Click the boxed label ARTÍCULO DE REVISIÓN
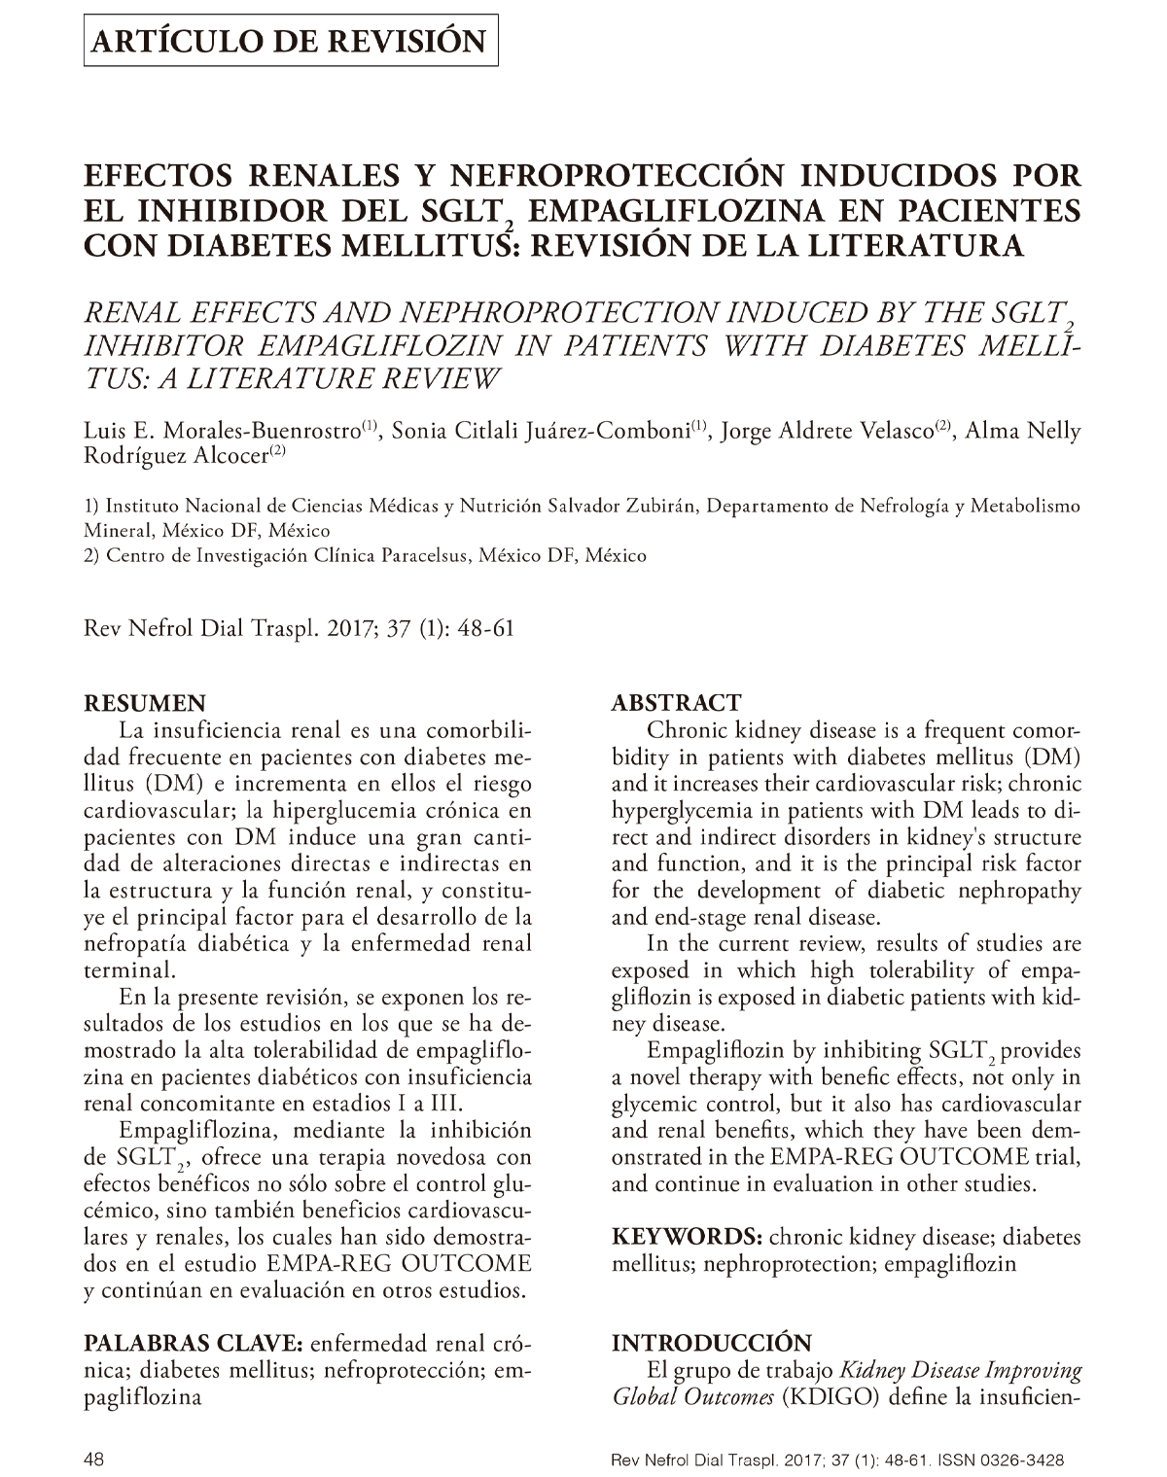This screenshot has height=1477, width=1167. coord(291,41)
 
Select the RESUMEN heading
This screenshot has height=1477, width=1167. coord(146,703)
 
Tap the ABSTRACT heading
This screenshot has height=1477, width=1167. coord(676,703)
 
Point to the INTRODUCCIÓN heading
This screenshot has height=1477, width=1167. coord(711,1343)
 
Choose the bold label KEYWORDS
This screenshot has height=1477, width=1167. coord(687,1237)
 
